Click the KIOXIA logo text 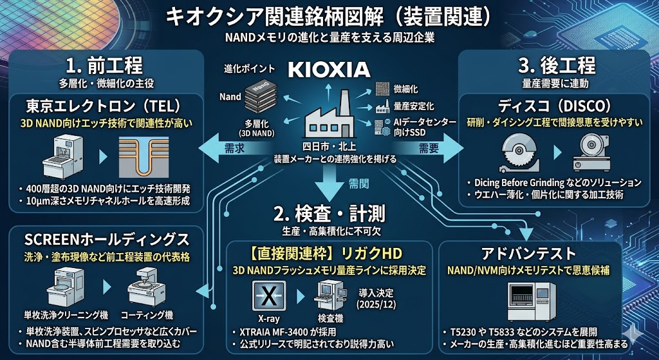328,69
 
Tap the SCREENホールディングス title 107,240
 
